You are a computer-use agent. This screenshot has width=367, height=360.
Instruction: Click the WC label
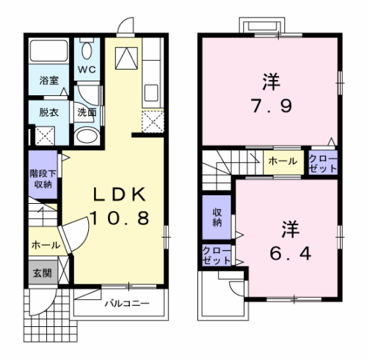88,70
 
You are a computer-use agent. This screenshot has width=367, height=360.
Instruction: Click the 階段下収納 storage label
40,180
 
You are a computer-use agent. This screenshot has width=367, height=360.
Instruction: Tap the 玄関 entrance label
40,273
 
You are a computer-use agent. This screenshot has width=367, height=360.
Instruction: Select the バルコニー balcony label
126,303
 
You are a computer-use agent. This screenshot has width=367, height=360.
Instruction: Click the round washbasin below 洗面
87,136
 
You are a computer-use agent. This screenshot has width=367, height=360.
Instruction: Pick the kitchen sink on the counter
153,94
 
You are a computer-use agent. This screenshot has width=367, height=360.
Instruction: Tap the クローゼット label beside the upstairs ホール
323,163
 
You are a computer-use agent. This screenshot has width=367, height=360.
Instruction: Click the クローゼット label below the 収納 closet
217,255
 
